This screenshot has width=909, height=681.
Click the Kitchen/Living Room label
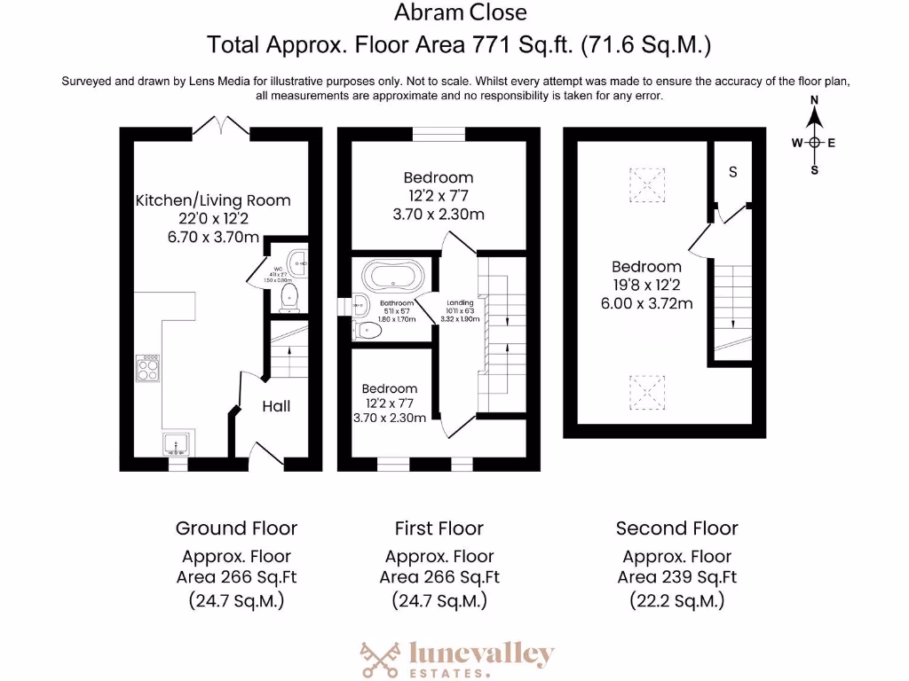(213, 200)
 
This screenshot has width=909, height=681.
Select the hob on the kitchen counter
(148, 368)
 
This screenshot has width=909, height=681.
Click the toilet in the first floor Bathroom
(368, 332)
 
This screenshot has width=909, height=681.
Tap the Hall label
(276, 406)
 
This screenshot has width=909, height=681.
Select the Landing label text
(460, 302)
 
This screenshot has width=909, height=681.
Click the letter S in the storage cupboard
(732, 172)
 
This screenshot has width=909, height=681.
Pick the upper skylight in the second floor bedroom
(647, 184)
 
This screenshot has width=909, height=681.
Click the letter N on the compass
(814, 100)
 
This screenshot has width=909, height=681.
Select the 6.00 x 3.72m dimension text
(646, 303)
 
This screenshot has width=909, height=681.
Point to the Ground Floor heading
(236, 528)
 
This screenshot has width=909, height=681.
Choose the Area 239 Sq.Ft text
(677, 577)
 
